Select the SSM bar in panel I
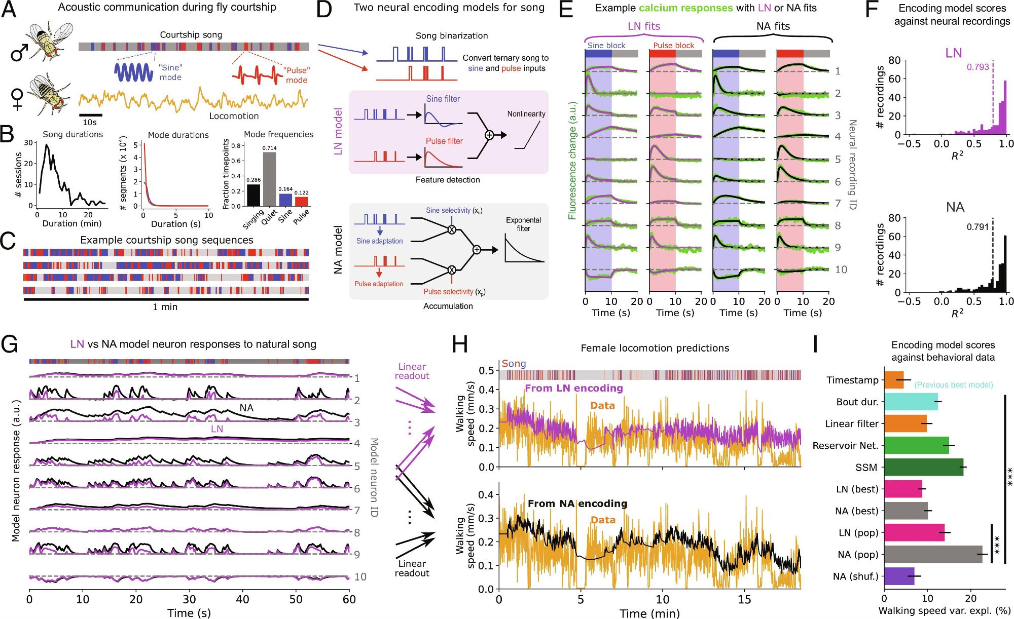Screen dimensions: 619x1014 click(x=924, y=467)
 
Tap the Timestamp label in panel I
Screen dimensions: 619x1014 click(x=852, y=380)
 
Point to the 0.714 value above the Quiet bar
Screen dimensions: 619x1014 click(x=269, y=148)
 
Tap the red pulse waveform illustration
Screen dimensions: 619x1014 click(x=257, y=75)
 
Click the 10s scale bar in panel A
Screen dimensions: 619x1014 click(x=90, y=115)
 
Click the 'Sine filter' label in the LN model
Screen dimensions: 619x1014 click(x=443, y=99)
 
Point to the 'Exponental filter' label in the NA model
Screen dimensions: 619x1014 click(x=523, y=224)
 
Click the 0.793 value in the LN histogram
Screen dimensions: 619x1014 click(x=977, y=67)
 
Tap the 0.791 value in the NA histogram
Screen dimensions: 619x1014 click(x=977, y=226)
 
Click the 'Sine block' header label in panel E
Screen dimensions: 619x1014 click(x=606, y=46)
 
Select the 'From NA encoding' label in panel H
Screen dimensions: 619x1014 click(x=577, y=504)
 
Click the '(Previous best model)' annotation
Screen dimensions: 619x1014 click(x=953, y=385)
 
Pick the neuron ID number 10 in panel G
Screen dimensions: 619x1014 click(x=360, y=576)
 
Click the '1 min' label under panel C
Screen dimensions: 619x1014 click(x=165, y=307)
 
